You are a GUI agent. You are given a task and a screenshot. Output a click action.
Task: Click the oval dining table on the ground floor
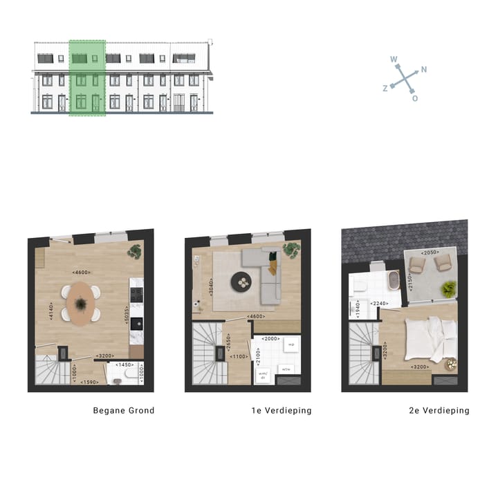[x=81, y=303]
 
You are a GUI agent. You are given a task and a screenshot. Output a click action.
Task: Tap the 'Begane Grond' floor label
[x=124, y=410]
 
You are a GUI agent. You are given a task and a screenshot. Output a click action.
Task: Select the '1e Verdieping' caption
[x=281, y=410]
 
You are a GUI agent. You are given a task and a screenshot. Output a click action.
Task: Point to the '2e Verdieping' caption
[x=439, y=410]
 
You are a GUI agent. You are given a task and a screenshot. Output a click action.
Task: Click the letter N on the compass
[x=423, y=69]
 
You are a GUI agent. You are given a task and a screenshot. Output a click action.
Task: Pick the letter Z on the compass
[x=385, y=89]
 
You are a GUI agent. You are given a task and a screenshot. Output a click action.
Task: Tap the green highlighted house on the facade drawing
[x=87, y=77]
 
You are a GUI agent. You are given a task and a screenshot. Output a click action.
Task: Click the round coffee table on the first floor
[x=243, y=281]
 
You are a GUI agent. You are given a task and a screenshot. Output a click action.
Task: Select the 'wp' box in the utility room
[x=290, y=344]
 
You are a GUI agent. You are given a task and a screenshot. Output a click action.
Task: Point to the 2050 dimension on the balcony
[x=429, y=252]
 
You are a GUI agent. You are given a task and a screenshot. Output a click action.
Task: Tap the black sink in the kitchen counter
[x=137, y=323]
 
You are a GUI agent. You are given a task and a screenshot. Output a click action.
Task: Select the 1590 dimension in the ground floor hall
[x=90, y=382]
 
